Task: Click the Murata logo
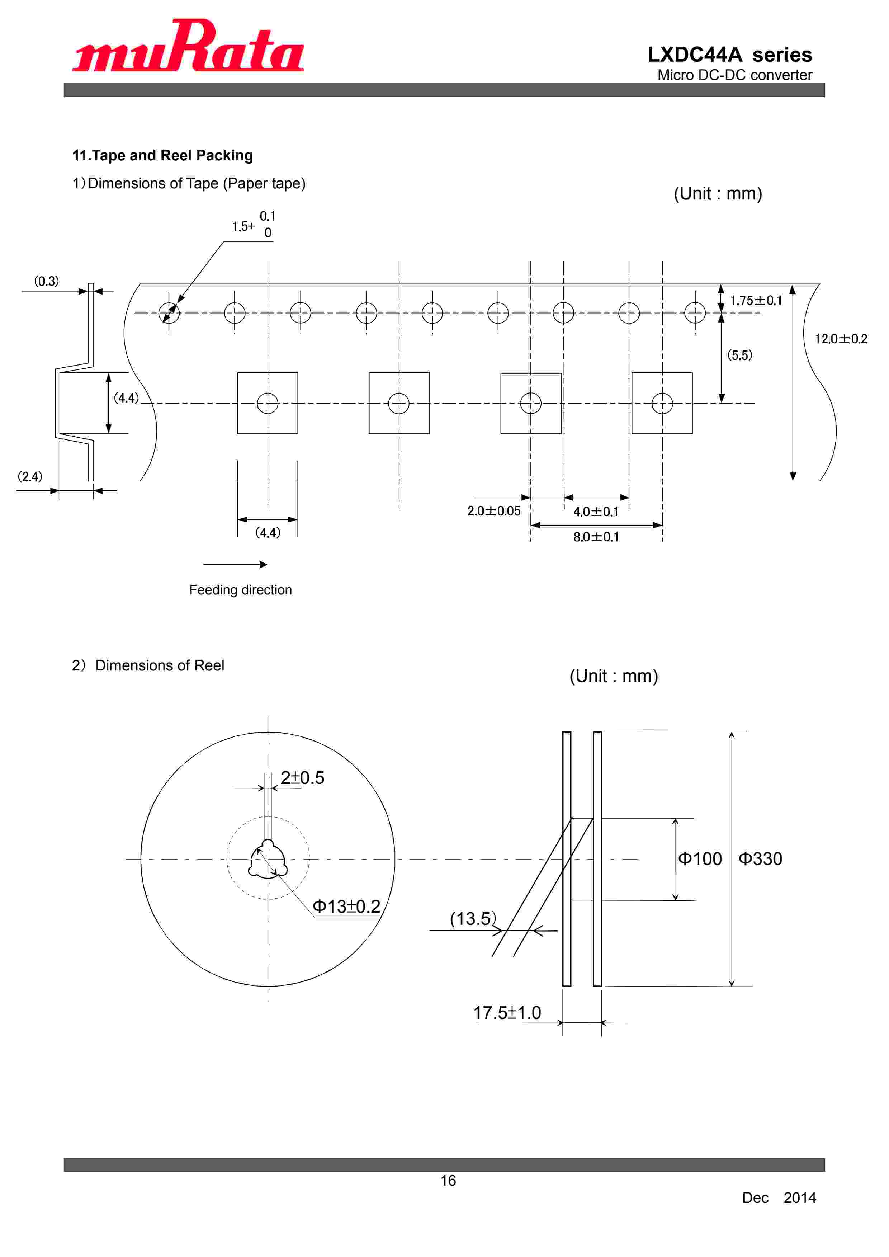(188, 47)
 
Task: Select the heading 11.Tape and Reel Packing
(162, 155)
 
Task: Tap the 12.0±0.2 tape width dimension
(840, 339)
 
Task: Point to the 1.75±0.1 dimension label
(756, 301)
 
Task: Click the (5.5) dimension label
(739, 355)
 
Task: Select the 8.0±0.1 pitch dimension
(596, 537)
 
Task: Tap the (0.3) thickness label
(47, 281)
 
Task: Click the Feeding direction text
(240, 590)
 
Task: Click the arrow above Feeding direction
(235, 564)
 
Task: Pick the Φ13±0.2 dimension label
(346, 906)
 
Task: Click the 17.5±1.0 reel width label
(507, 1012)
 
